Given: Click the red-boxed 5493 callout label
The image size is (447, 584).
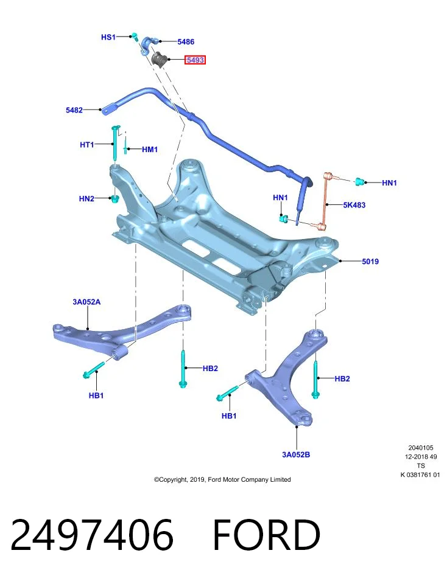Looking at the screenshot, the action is pyautogui.click(x=195, y=60).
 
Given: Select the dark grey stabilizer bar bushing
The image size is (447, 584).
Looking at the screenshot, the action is pyautogui.click(x=160, y=60).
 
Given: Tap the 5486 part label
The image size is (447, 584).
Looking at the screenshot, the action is pyautogui.click(x=186, y=42).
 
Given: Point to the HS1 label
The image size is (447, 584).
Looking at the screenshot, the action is pyautogui.click(x=108, y=37).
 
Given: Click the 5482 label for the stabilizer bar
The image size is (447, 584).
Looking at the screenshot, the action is pyautogui.click(x=74, y=110).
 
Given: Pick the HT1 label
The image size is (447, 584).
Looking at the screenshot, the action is pyautogui.click(x=87, y=144).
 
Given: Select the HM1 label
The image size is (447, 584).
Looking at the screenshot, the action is pyautogui.click(x=150, y=150).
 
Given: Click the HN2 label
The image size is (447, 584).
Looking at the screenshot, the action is pyautogui.click(x=86, y=198).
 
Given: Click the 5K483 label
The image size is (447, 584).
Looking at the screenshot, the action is pyautogui.click(x=354, y=205).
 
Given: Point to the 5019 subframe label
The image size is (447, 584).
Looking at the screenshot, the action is pyautogui.click(x=370, y=262).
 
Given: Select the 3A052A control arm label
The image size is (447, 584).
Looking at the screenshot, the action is pyautogui.click(x=86, y=302).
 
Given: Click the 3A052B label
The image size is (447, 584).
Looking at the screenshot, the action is pyautogui.click(x=296, y=454).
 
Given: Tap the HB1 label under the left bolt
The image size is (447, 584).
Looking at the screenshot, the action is pyautogui.click(x=96, y=395).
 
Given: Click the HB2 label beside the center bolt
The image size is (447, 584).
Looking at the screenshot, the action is pyautogui.click(x=210, y=369).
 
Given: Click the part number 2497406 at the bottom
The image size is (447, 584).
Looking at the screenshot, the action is pyautogui.click(x=92, y=535).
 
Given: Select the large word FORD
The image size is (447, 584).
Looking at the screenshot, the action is pyautogui.click(x=267, y=535).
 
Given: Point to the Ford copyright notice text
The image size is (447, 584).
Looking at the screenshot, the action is pyautogui.click(x=222, y=479).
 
